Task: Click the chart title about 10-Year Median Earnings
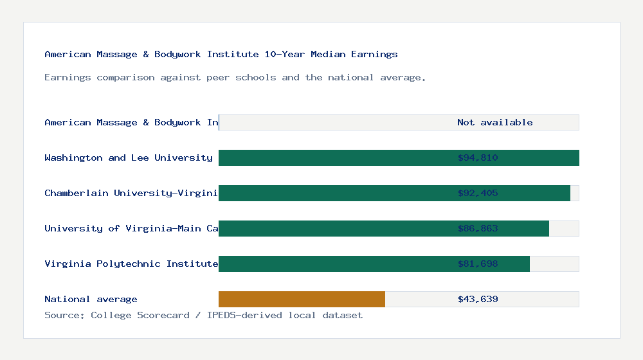click(221, 55)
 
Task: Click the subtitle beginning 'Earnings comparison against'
click(235, 78)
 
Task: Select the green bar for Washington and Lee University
click(334, 158)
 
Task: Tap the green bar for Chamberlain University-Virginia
click(334, 194)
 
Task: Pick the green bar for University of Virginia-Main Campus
click(334, 229)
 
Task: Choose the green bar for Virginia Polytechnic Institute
click(334, 264)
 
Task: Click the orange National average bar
click(302, 300)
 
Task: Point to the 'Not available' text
click(494, 123)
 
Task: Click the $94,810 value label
click(478, 158)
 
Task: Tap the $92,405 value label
click(478, 194)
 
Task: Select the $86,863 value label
click(478, 229)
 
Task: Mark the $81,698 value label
click(478, 264)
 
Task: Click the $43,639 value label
click(478, 300)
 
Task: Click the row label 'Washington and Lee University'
click(129, 158)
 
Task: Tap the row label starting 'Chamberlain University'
click(131, 194)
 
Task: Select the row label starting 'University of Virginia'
click(131, 229)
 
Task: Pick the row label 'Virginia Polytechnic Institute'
click(131, 264)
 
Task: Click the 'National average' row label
click(91, 300)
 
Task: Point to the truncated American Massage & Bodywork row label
click(131, 123)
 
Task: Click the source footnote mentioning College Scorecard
click(203, 316)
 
